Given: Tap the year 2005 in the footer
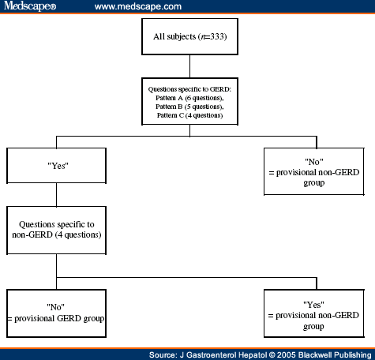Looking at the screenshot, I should [272, 352].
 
